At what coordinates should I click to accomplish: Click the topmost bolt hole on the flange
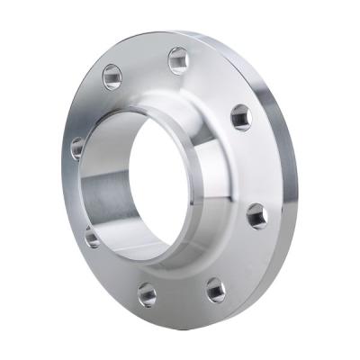pos(178,60)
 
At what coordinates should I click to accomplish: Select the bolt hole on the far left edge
pos(77,147)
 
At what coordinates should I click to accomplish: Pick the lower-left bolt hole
pos(93,236)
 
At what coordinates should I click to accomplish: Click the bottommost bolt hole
pos(147,294)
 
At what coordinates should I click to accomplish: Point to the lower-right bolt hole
pos(215,290)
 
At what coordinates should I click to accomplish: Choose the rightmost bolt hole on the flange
pos(256,216)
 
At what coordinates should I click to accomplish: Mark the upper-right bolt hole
pos(240,117)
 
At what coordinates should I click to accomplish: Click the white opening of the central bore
pos(162,184)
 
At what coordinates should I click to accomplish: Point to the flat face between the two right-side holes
pos(256,166)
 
